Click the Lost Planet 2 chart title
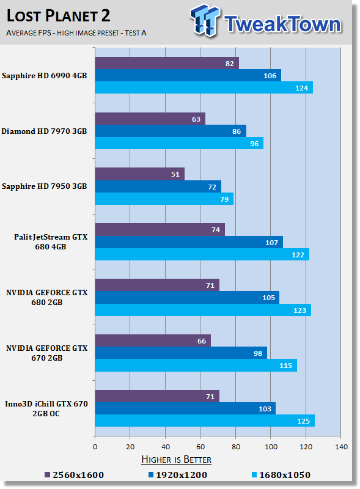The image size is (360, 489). click(58, 16)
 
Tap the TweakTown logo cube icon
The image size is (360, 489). click(205, 20)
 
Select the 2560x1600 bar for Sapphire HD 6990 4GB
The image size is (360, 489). click(167, 63)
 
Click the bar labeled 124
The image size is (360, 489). click(204, 87)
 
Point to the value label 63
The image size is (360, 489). click(196, 119)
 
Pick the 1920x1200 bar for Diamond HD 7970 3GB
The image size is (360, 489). click(171, 131)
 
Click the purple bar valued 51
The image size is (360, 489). click(140, 174)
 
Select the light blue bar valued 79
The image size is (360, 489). click(164, 199)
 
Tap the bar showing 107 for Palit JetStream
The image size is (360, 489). click(189, 242)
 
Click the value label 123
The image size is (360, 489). click(299, 311)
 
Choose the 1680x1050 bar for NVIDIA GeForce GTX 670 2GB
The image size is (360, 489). click(196, 365)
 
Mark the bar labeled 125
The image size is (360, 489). click(205, 421)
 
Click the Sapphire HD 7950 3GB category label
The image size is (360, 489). click(44, 186)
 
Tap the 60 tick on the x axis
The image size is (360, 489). click(200, 447)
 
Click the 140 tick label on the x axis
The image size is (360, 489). click(341, 447)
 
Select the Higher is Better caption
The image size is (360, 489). click(176, 460)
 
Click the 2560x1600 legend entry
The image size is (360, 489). click(74, 475)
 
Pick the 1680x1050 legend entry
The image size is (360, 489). click(281, 475)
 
